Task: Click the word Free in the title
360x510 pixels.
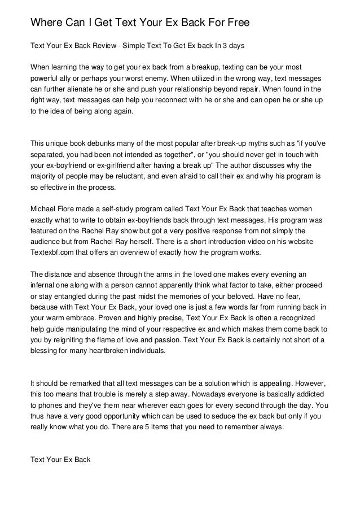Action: (229, 23)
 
